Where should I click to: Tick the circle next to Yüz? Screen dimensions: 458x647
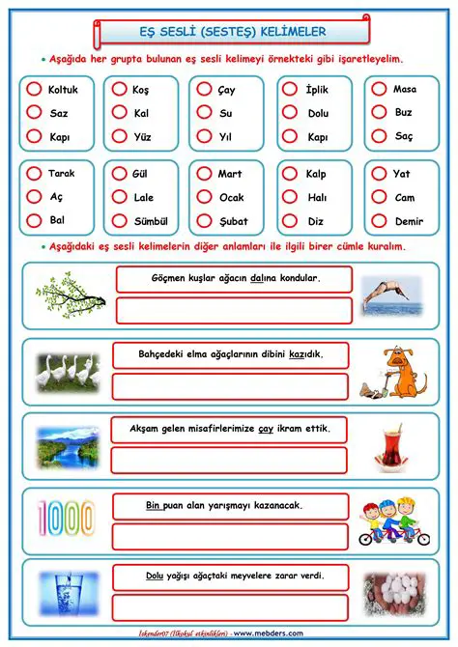(118, 136)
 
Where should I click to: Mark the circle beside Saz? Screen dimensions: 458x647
(34, 113)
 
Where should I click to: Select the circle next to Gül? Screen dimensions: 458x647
(119, 174)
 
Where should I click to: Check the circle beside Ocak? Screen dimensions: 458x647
(203, 197)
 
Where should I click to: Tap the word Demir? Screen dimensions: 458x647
(409, 221)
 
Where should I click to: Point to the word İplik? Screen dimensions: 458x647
(317, 90)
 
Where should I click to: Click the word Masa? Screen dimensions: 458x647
(405, 90)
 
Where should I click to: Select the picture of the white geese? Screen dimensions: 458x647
(68, 370)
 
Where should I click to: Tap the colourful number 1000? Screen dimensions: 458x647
(67, 519)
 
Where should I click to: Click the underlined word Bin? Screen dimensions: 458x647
(152, 504)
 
